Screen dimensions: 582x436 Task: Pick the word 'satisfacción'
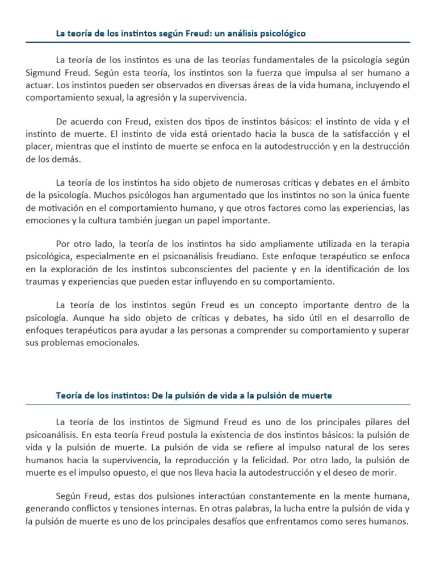tap(355, 135)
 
